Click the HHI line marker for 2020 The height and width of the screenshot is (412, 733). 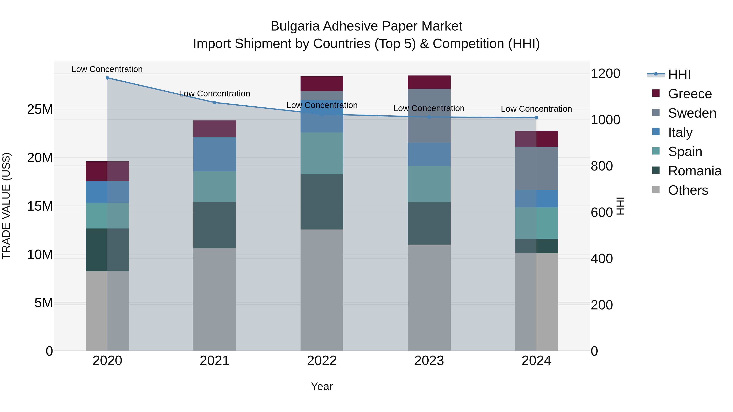tap(107, 78)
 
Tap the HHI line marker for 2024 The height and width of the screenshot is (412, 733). tap(536, 117)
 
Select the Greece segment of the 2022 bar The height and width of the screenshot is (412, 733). tap(322, 84)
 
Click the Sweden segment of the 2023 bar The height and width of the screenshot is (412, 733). tap(429, 116)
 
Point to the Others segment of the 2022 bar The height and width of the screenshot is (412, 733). tap(322, 290)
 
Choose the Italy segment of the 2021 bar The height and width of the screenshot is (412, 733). tap(215, 154)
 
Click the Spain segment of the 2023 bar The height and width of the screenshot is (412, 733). tap(429, 184)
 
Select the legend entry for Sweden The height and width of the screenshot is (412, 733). tap(692, 113)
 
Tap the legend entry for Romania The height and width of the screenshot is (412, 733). tap(694, 171)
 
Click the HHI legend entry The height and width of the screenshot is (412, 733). tap(679, 74)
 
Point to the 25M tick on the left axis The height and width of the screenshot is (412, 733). tap(40, 109)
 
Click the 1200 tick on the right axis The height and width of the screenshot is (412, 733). tap(606, 74)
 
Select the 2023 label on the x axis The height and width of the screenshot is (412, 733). tap(429, 361)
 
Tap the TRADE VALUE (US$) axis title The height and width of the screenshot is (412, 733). tap(6, 206)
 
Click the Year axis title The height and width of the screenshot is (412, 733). tap(322, 386)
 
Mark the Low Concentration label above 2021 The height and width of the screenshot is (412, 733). tap(215, 94)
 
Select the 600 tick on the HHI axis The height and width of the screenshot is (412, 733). tap(602, 212)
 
